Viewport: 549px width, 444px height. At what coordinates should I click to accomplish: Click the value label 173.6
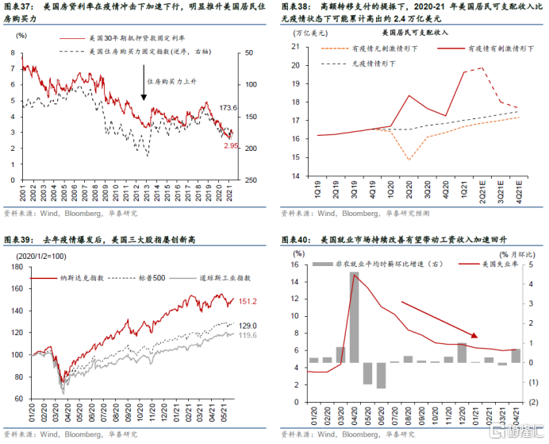(228, 107)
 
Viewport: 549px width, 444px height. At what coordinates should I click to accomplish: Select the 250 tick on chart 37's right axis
(248, 180)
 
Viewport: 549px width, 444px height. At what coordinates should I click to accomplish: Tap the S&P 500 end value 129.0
(248, 325)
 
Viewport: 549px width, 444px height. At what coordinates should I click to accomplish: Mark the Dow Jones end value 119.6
(248, 335)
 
